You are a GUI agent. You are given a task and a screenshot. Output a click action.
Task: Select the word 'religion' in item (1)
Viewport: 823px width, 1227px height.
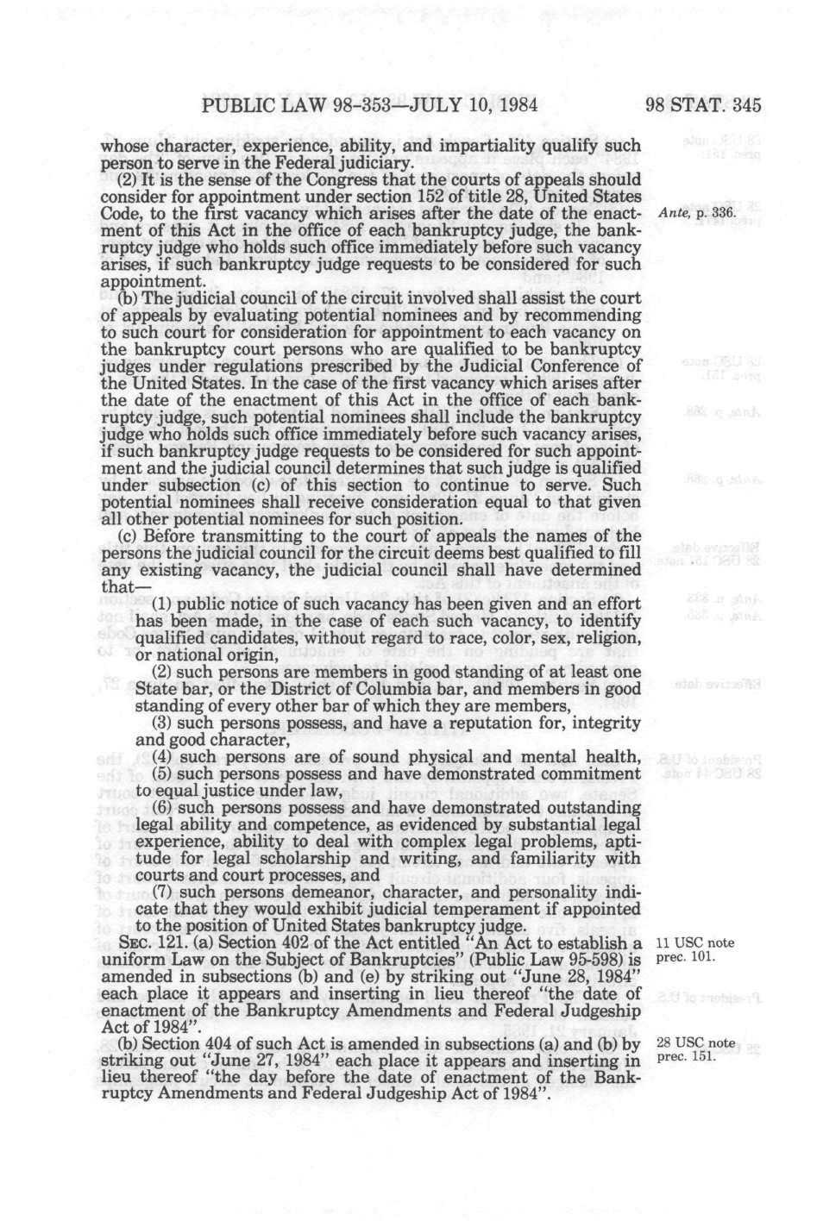607,638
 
